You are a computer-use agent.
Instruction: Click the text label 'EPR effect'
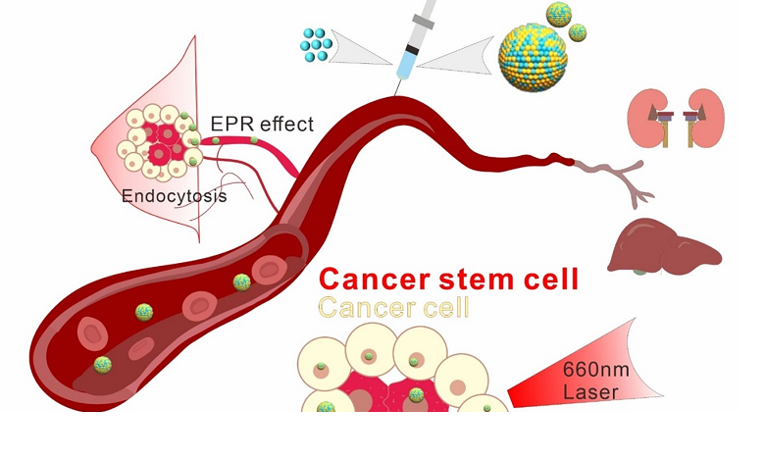[x=262, y=125]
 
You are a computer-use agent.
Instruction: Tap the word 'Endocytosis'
[x=174, y=195]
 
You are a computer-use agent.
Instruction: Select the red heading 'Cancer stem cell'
[x=449, y=279]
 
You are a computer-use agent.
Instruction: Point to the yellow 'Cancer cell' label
[x=394, y=308]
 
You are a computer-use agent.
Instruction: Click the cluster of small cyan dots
[x=317, y=40]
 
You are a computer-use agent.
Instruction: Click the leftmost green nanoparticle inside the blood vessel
[x=102, y=365]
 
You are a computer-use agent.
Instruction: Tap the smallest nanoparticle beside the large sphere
[x=579, y=32]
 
